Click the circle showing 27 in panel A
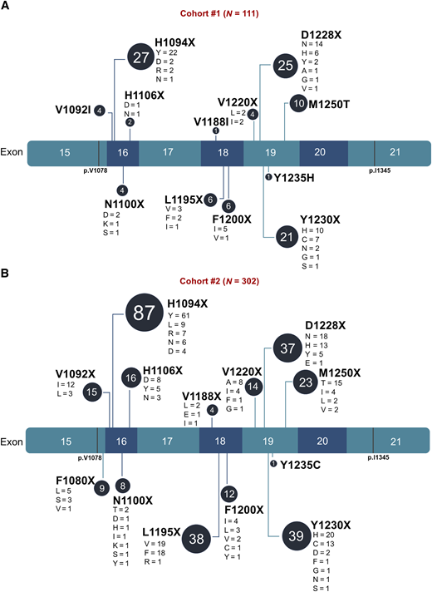(x=140, y=59)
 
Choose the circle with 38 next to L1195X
(x=198, y=538)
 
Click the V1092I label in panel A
(x=73, y=110)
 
